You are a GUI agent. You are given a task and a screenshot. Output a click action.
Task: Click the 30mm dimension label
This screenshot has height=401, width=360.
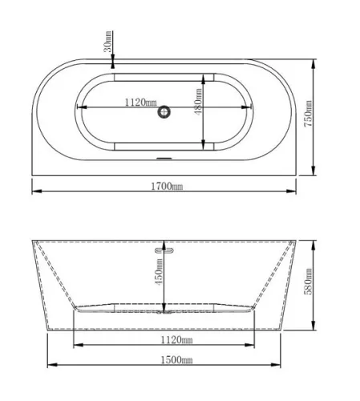coord(107,42)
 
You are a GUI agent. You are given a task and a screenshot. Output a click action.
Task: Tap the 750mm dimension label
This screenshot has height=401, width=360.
coord(308,114)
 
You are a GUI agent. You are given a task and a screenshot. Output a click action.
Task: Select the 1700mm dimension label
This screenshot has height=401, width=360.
coord(167,186)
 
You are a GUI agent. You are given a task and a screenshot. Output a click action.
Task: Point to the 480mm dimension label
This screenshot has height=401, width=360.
coord(198,102)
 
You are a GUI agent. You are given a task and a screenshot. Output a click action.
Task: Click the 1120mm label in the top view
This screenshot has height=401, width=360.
coord(141,102)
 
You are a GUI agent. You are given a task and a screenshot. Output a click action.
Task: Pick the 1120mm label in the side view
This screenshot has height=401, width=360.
coord(176,340)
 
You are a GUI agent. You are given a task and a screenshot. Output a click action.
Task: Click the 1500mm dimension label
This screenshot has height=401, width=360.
coord(176,360)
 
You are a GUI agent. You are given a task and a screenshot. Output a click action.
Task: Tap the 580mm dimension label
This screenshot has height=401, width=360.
coord(308,282)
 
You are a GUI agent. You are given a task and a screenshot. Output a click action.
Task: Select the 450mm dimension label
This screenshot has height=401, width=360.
coord(159,272)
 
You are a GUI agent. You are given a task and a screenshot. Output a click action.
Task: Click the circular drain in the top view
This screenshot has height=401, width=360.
coord(164,111)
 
